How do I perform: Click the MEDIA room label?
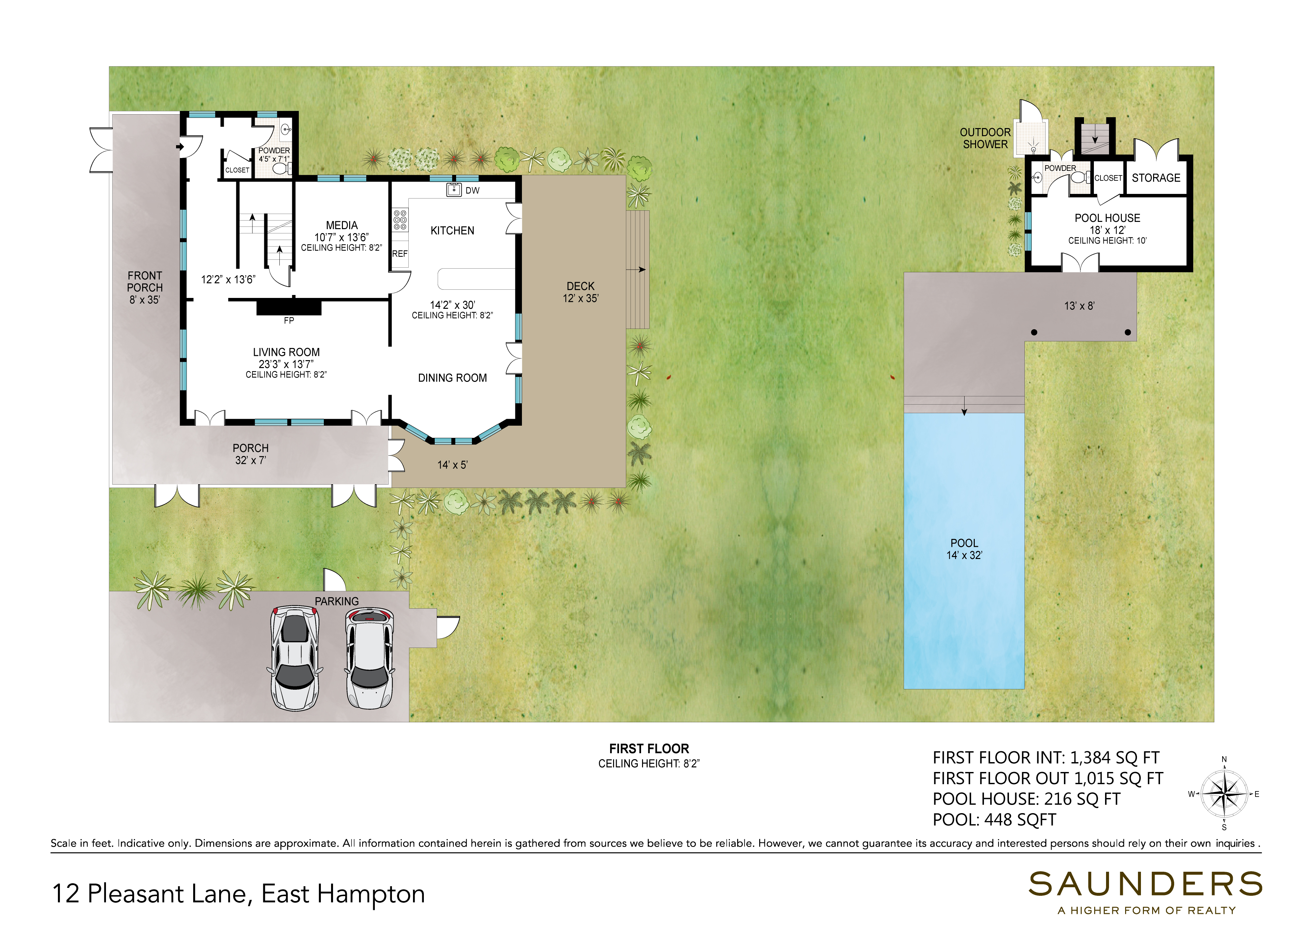[x=342, y=225]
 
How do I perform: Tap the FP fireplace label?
[x=289, y=320]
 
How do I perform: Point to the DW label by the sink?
[x=472, y=190]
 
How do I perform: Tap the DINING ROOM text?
[x=452, y=378]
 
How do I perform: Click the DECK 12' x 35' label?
[x=581, y=292]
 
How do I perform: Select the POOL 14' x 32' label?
[x=964, y=548]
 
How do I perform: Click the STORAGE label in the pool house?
[x=1156, y=178]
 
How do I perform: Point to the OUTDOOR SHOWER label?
[x=985, y=138]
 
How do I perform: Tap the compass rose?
[x=1224, y=794]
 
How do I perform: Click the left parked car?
[x=295, y=658]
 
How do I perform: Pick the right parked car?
[x=370, y=658]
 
